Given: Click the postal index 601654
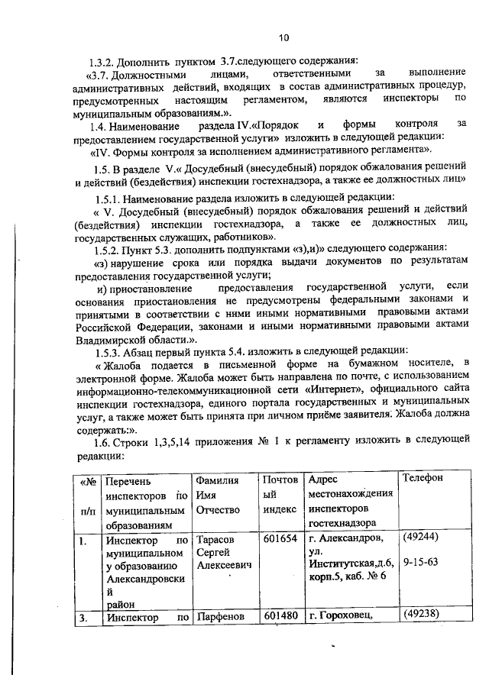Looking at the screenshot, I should [x=280, y=540].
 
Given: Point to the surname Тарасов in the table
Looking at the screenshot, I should [x=217, y=540].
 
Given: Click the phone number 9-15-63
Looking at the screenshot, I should [x=420, y=565].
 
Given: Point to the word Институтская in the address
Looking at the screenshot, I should [x=337, y=564].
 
